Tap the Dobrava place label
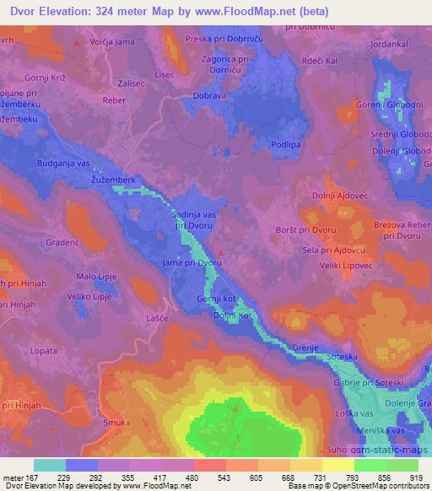pos(209,96)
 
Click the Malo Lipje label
pos(97,276)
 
